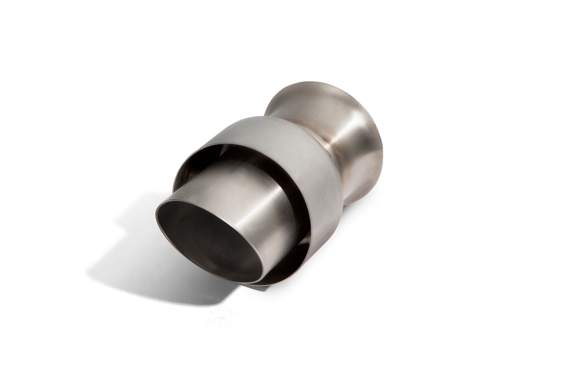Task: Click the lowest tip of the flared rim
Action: point(358,203)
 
